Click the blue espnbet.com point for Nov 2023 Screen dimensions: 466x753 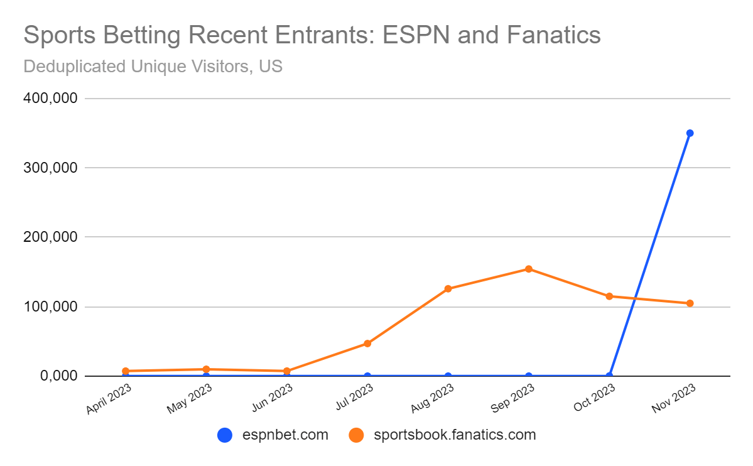[x=690, y=133]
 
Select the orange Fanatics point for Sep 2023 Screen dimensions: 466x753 [x=529, y=269]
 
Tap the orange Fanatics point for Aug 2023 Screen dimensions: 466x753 [x=448, y=289]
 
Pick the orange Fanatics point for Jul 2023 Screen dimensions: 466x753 [x=367, y=344]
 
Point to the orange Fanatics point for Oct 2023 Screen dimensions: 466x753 [x=609, y=296]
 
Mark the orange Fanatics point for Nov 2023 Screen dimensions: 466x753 [x=690, y=303]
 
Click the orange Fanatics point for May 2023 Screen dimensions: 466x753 [x=206, y=369]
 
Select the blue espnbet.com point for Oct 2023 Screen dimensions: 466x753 [x=609, y=376]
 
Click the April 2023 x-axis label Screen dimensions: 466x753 [x=109, y=399]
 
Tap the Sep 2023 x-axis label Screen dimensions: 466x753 [x=512, y=399]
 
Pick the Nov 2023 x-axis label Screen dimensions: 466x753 [x=674, y=399]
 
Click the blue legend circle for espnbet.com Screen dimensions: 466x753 [x=225, y=435]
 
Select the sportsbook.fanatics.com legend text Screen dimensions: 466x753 [x=455, y=435]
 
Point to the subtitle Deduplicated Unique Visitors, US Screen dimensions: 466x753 [x=153, y=66]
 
